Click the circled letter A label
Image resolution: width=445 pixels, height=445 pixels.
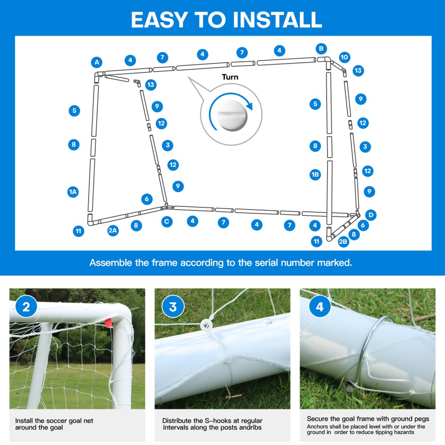coord(97,62)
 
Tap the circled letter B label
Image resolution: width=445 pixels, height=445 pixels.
coord(320,49)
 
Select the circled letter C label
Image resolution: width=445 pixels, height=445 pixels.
coord(167,221)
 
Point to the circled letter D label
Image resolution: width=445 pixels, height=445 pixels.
coord(370,215)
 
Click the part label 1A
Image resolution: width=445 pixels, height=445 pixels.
coord(73,192)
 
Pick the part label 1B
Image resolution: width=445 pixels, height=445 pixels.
coord(315,174)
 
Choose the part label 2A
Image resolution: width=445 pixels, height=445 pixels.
coord(113,231)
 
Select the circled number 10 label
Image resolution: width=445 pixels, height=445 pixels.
coord(344,57)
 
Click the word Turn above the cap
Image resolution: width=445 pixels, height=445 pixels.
coord(230,77)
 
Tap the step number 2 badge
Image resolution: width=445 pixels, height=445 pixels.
coord(26,307)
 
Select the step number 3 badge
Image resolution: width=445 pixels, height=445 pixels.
coord(173,307)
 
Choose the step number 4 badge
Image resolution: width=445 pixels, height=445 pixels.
coord(319,307)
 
